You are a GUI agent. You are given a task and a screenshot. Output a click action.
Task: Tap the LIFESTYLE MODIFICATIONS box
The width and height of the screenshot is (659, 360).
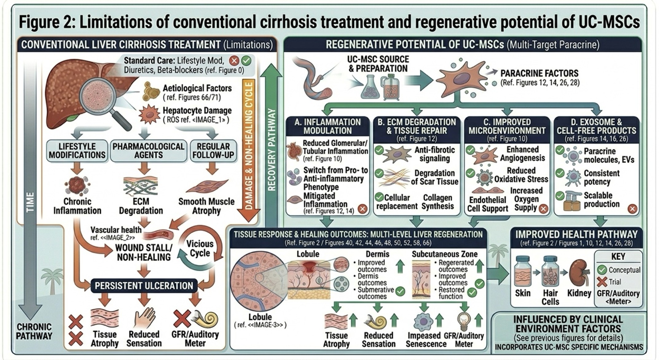tap(77, 151)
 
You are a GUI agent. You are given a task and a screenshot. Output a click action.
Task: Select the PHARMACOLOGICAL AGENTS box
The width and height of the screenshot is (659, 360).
tap(148, 151)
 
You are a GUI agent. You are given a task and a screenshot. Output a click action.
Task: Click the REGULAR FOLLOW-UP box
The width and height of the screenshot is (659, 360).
tap(213, 151)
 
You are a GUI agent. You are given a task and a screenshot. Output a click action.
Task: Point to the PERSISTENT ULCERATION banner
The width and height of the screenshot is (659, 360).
tap(144, 286)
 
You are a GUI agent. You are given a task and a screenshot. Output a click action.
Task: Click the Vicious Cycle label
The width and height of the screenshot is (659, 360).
tap(200, 248)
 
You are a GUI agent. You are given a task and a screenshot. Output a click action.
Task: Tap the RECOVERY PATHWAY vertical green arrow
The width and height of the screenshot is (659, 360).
tap(272, 138)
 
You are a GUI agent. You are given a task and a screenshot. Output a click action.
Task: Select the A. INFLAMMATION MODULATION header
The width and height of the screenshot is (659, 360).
tap(328, 126)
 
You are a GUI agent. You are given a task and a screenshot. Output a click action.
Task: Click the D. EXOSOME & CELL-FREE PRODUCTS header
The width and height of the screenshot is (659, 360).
tap(596, 126)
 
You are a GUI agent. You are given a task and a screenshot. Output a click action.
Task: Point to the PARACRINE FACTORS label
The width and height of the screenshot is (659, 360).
tap(539, 73)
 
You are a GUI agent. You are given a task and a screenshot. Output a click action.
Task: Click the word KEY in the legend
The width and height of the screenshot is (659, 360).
tap(618, 257)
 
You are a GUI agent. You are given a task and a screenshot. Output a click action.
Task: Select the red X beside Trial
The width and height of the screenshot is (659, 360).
tap(602, 282)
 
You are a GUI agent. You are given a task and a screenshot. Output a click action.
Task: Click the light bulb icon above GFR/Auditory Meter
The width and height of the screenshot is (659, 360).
tap(464, 321)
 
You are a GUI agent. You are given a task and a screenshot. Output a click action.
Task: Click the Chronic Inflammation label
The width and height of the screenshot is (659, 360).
tap(77, 206)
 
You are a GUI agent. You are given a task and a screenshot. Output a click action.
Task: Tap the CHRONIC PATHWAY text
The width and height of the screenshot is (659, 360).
tap(34, 331)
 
